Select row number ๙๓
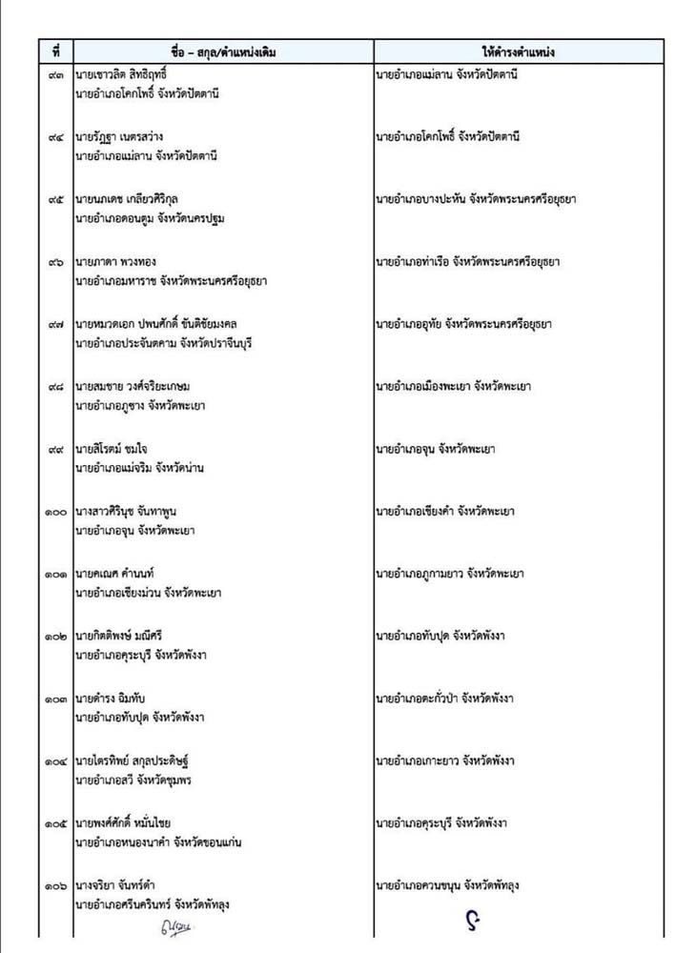pos(56,74)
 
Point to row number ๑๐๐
pos(55,512)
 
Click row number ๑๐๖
pos(55,886)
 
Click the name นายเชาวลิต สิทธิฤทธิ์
pos(133,74)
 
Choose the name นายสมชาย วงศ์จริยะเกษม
pos(142,387)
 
